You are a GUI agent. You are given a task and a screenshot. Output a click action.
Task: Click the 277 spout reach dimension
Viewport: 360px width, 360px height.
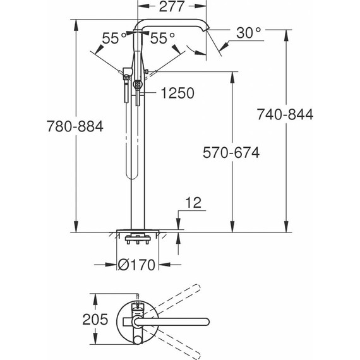tap(171, 8)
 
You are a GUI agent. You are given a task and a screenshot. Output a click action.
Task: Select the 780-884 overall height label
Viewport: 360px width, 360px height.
tap(75, 126)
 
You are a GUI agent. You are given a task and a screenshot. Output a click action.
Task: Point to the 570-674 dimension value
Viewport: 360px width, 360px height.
tap(231, 152)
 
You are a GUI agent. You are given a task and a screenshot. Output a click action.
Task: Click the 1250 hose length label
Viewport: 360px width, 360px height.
tap(177, 93)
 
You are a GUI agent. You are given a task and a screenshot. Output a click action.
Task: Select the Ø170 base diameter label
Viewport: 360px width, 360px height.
tap(136, 265)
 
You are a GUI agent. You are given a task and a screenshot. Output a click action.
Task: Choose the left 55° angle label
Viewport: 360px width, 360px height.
tap(111, 39)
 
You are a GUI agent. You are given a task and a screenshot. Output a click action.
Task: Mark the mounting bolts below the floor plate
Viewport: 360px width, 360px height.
tap(138, 239)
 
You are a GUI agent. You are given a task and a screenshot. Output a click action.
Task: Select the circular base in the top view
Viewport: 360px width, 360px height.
tap(136, 320)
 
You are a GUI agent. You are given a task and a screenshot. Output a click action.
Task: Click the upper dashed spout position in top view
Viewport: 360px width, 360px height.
tap(183, 300)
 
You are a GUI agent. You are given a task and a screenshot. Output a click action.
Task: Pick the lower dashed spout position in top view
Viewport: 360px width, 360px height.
tap(183, 342)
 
